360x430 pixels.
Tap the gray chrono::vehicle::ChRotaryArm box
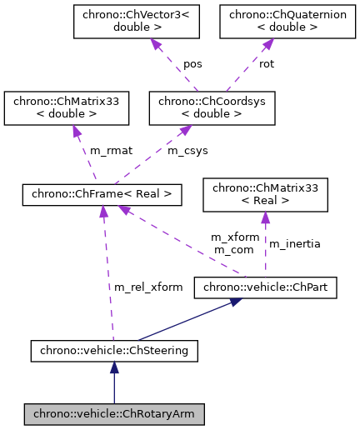pos(113,412)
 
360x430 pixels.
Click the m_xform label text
pos(230,237)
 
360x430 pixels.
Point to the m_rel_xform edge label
pos(148,287)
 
